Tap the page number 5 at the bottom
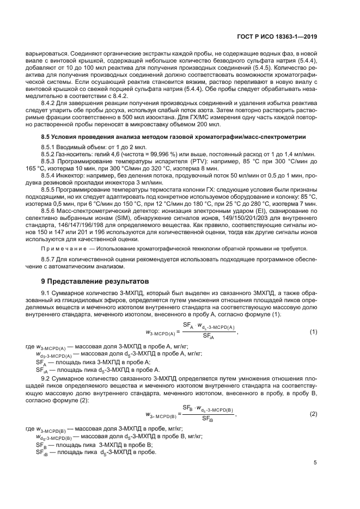point(315,463)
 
